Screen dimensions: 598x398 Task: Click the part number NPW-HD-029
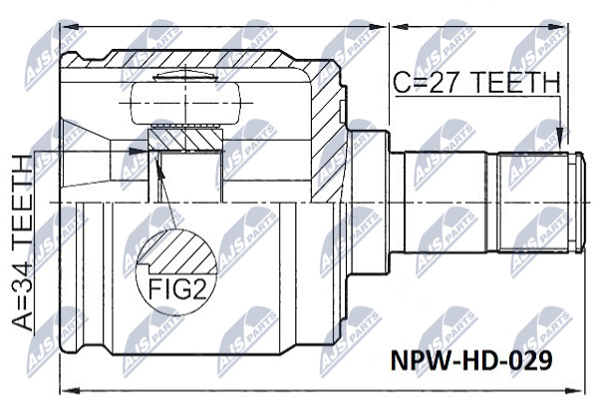[x=471, y=360]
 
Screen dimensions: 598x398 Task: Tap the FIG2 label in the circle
[x=177, y=289]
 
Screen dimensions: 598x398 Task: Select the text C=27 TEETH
[x=476, y=82]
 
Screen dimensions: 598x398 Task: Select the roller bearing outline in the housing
[x=185, y=103]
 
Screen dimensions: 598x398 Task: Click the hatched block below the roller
[x=185, y=139]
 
